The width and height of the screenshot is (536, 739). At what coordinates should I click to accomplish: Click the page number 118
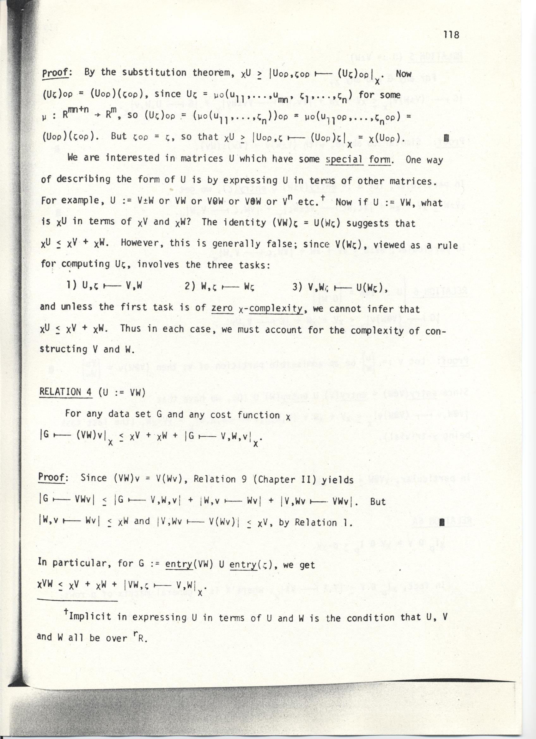point(451,34)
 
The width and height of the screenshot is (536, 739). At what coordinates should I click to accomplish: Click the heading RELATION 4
point(65,392)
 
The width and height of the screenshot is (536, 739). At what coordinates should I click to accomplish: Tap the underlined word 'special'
point(345,160)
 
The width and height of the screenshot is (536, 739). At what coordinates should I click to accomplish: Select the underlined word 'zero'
point(222,308)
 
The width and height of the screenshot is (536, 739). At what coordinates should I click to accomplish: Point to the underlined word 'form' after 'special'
point(380,160)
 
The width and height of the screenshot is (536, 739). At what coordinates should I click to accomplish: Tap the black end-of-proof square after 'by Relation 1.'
point(442,523)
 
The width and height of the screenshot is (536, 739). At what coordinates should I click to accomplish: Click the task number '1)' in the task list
point(71,285)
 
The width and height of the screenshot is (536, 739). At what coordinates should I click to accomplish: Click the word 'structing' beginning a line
point(64,349)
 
